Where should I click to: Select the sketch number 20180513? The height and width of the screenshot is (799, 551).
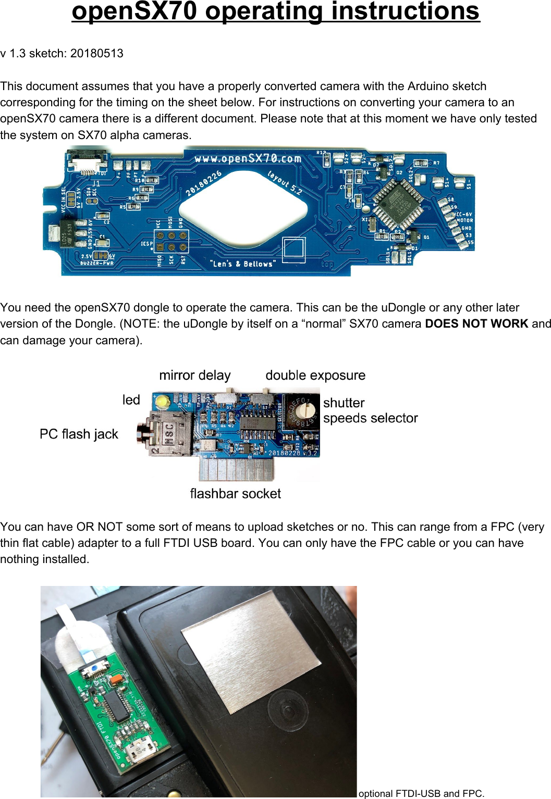97,53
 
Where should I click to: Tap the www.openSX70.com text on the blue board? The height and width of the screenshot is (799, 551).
248,158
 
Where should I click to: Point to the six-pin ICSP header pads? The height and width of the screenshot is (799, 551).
171,242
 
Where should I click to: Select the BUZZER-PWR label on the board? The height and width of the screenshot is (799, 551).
97,263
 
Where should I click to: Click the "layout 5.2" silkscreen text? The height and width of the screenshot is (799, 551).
285,182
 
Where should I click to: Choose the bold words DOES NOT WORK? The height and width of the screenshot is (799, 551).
476,323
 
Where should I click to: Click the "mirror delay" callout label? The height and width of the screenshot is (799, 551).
194,375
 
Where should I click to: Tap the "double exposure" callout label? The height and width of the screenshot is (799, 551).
315,375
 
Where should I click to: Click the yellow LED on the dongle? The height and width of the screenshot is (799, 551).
163,402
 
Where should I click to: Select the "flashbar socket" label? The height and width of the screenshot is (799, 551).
235,493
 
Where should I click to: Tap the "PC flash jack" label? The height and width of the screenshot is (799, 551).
79,434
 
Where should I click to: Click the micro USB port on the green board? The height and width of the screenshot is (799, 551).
138,751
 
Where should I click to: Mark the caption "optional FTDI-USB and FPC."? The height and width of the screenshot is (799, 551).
421,793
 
